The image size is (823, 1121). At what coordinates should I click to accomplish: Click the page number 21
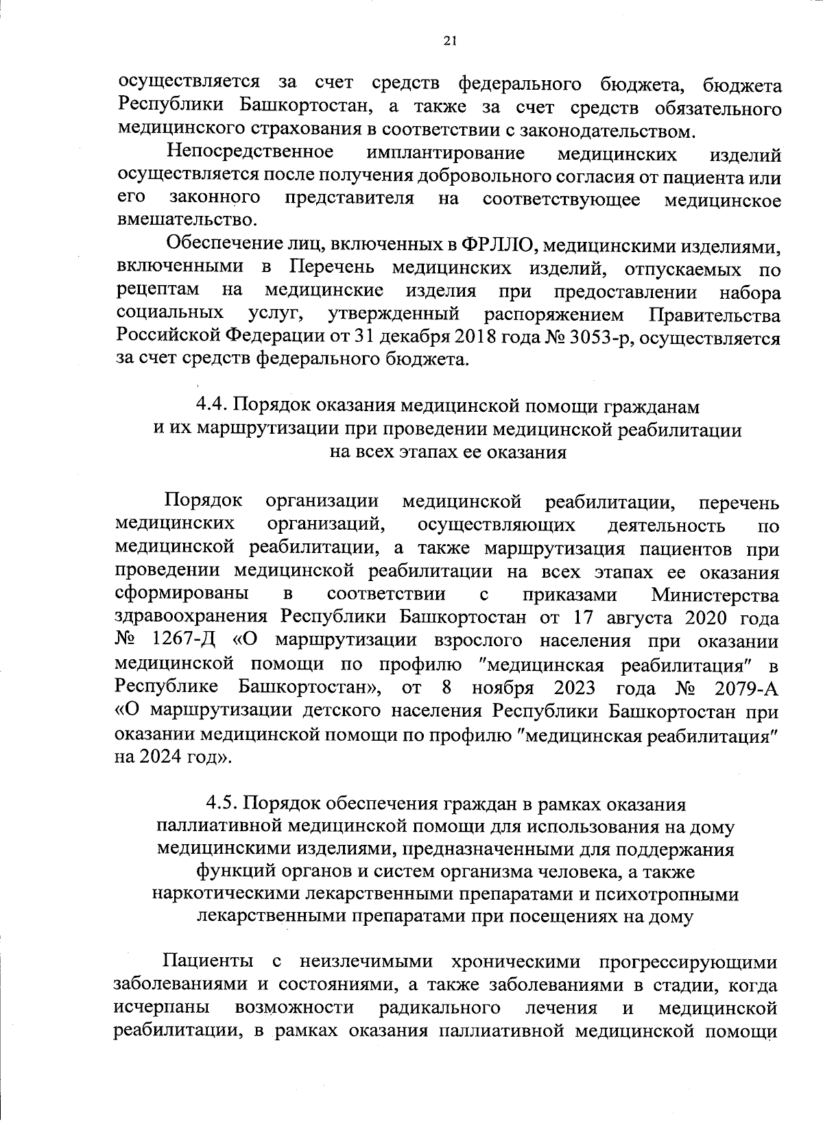[449, 40]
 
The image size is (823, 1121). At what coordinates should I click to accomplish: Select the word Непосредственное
[250, 151]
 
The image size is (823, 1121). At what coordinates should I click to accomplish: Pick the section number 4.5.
[222, 803]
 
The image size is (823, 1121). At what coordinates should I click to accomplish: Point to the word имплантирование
[446, 153]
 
